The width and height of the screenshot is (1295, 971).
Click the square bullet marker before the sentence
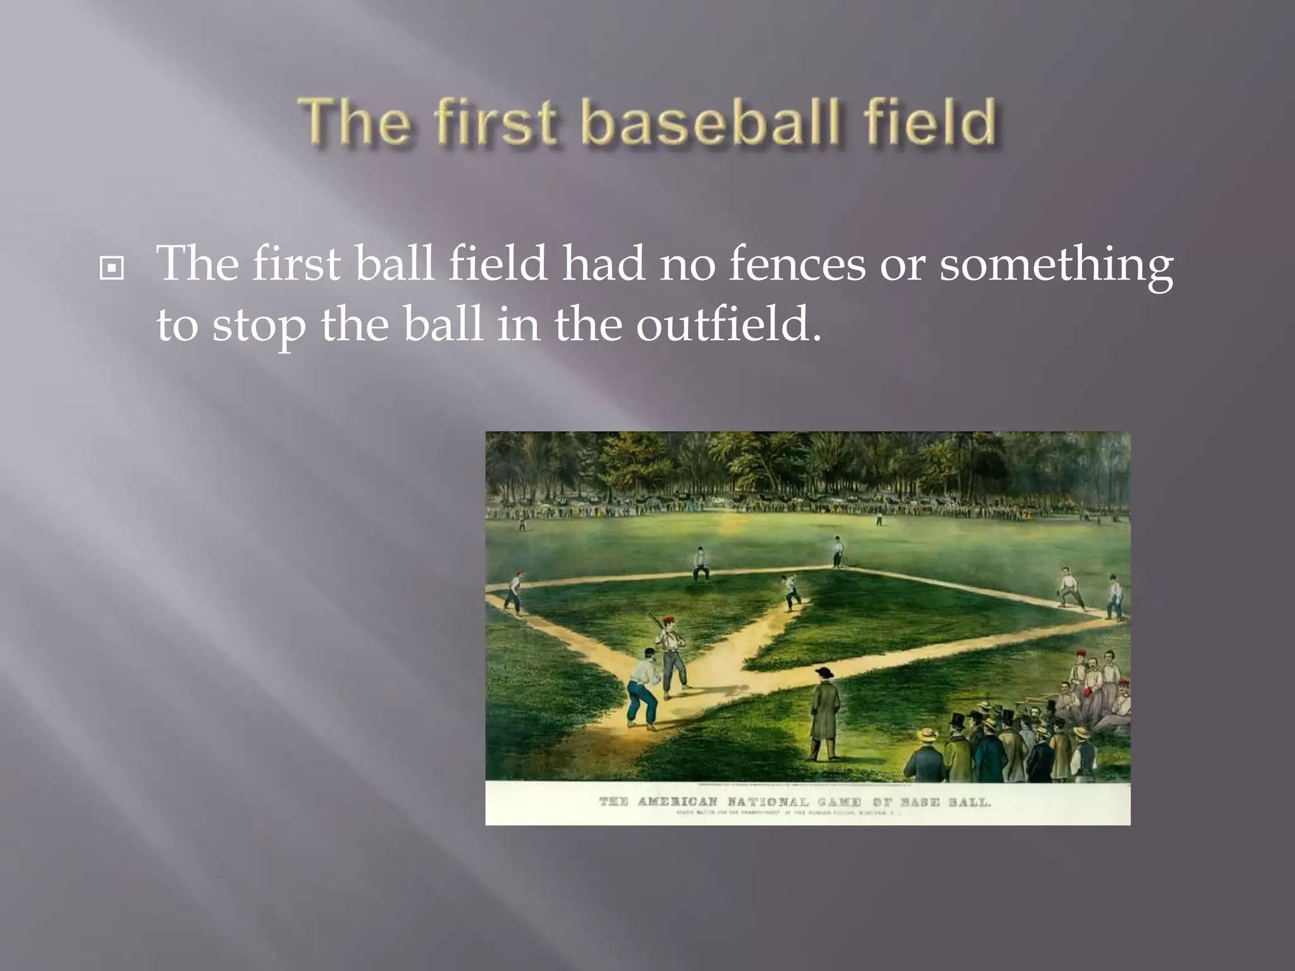point(112,269)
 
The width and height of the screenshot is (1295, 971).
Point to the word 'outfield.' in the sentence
point(728,324)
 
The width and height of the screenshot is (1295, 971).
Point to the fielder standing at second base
point(837,552)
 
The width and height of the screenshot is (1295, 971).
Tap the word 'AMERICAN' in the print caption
point(677,802)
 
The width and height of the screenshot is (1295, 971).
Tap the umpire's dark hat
point(823,671)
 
